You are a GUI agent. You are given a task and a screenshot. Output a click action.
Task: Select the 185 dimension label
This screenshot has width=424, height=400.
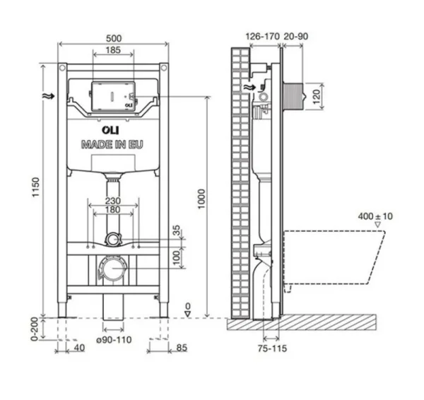tap(112, 51)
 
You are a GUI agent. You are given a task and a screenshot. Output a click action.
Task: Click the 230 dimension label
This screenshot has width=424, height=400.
tap(112, 200)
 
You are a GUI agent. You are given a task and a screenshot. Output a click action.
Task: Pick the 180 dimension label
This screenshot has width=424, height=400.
tap(112, 210)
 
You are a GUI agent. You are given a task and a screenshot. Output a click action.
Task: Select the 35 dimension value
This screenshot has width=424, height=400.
tap(177, 231)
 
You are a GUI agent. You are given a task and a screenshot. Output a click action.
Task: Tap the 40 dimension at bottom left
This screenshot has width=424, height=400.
tap(78, 347)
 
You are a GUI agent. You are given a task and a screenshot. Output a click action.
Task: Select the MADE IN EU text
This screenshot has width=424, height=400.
tap(112, 143)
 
